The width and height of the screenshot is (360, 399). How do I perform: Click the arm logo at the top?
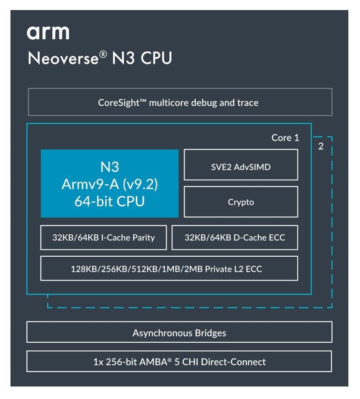tap(48, 32)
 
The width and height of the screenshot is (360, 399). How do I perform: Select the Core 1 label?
tap(285, 138)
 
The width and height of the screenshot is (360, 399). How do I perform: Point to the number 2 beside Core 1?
tap(321, 146)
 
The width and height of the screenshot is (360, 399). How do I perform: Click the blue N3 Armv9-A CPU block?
tap(109, 184)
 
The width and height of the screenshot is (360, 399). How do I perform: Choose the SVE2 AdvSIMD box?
tap(241, 167)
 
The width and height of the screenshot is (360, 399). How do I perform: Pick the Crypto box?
tap(241, 202)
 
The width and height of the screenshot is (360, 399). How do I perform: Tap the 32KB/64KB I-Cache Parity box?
tap(103, 237)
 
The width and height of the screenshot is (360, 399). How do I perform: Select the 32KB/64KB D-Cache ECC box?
tap(234, 237)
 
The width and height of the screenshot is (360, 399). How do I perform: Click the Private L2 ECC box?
tap(169, 269)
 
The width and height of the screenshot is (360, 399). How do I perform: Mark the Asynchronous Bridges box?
tap(179, 333)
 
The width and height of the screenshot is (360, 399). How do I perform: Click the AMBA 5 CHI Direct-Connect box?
tap(179, 362)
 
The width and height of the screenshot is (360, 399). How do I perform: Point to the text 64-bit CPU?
tap(109, 201)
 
